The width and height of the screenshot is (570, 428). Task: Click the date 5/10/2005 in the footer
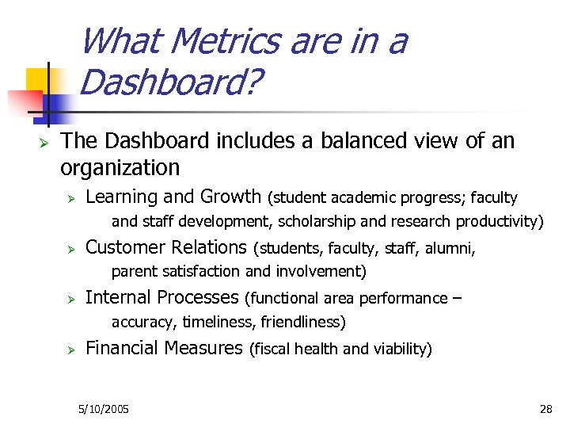coord(104,409)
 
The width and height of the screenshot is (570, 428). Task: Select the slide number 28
coord(545,409)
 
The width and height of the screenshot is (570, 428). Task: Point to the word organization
coord(120,168)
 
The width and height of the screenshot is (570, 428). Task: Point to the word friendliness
coord(304,322)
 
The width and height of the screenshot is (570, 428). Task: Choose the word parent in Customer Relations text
coord(135,272)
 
